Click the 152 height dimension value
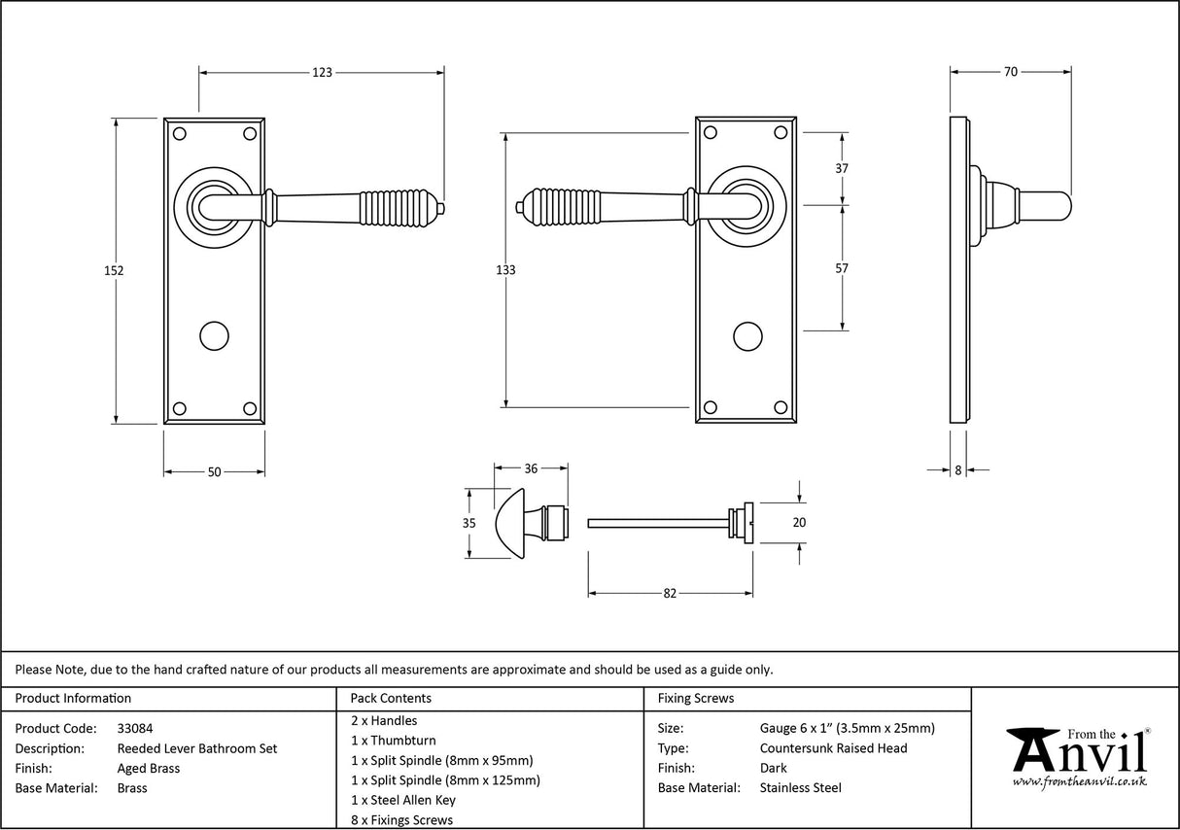coord(114,271)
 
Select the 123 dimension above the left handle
coord(322,72)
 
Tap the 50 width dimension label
coord(214,472)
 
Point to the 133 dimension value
coord(505,270)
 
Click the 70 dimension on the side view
coord(1010,72)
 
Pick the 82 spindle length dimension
coord(669,594)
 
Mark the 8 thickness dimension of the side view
coord(957,470)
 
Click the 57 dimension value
coord(842,268)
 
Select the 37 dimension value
coord(842,168)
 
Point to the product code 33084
coord(134,728)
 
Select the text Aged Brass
coord(148,769)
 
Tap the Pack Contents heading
coord(391,698)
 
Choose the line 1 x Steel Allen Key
coord(402,800)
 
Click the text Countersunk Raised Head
coord(833,748)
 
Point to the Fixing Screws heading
coord(696,698)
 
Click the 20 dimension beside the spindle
coord(800,523)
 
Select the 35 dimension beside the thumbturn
coord(469,523)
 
